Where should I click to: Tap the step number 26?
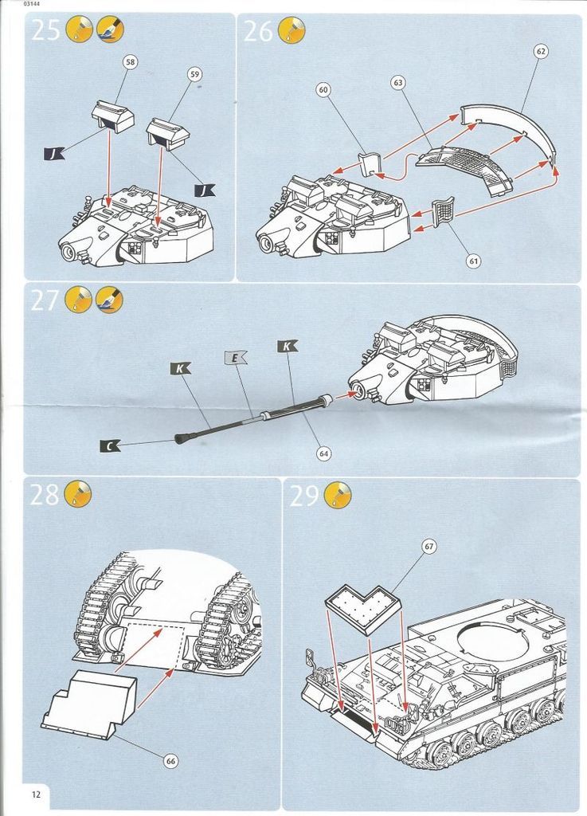pyautogui.click(x=258, y=31)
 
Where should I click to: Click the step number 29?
pyautogui.click(x=304, y=495)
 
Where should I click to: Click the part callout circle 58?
pyautogui.click(x=131, y=61)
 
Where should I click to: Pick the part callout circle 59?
pyautogui.click(x=195, y=74)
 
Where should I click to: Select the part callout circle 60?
pyautogui.click(x=323, y=90)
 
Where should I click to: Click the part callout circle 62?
pyautogui.click(x=541, y=52)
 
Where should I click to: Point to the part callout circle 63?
pyautogui.click(x=398, y=82)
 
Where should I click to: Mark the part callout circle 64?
pyautogui.click(x=323, y=453)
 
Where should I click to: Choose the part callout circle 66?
pyautogui.click(x=170, y=761)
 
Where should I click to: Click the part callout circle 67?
pyautogui.click(x=429, y=546)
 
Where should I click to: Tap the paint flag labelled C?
pyautogui.click(x=109, y=446)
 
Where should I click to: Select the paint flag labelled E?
pyautogui.click(x=236, y=359)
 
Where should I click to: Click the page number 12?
pyautogui.click(x=36, y=794)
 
